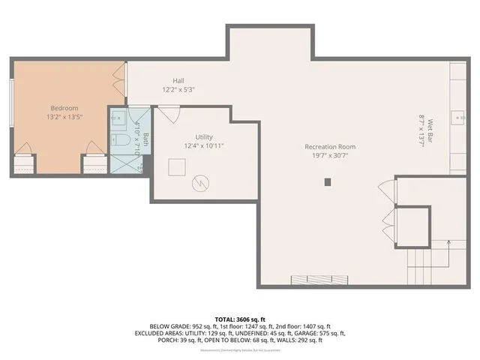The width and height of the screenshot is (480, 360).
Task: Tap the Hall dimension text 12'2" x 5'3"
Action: (178, 90)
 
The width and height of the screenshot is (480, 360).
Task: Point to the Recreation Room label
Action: (329, 147)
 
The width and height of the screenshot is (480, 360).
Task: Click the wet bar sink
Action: (457, 118)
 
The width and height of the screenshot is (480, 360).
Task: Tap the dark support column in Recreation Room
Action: (328, 181)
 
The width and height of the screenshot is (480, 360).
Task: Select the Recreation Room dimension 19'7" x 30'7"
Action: (329, 156)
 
